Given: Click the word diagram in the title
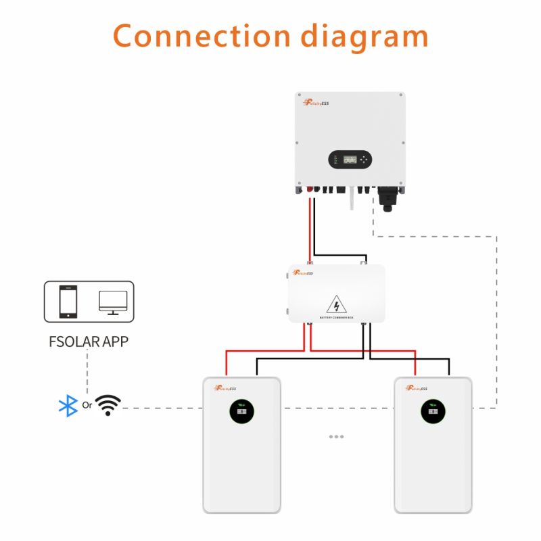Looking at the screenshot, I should click(364, 35).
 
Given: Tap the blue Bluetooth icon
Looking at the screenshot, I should click(68, 406).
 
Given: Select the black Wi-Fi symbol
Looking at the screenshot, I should click(108, 404).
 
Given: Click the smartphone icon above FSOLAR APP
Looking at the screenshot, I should click(68, 301).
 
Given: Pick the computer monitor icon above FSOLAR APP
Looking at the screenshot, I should click(112, 301).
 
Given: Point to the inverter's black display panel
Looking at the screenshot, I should click(350, 160).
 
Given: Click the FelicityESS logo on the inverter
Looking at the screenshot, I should click(316, 102).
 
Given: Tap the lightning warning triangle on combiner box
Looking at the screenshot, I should click(337, 304).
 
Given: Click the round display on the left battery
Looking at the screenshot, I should click(241, 410).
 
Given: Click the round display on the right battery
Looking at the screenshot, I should click(433, 410).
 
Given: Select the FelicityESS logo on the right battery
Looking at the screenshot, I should click(417, 388).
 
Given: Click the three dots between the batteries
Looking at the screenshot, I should click(336, 437).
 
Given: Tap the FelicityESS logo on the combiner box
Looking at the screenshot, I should click(303, 274).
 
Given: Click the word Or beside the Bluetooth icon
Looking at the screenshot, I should click(87, 406).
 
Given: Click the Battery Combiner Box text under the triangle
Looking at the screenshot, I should click(337, 317).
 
